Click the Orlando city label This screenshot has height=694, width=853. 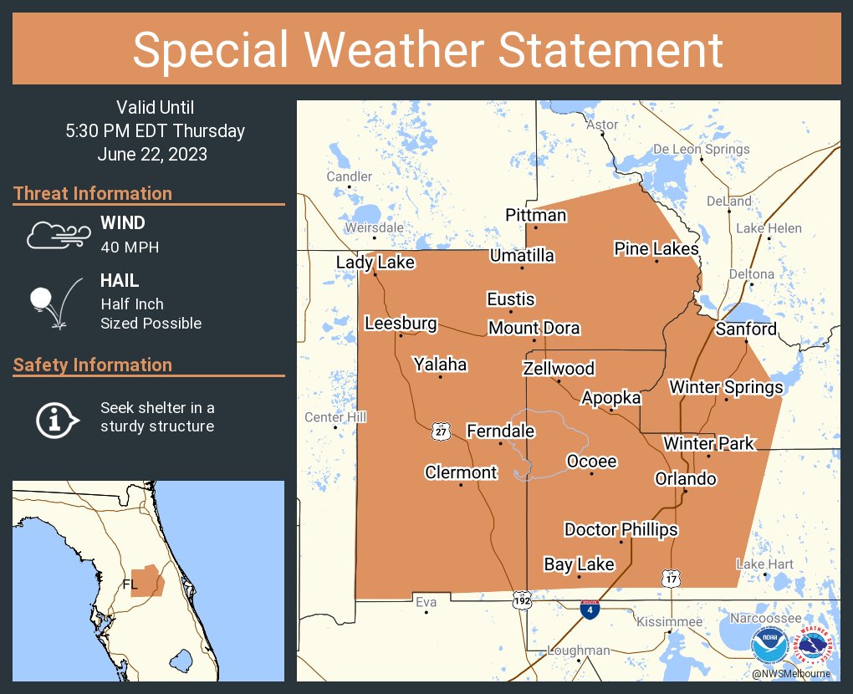(685, 479)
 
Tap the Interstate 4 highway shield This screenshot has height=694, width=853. (590, 610)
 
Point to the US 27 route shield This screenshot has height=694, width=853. (442, 431)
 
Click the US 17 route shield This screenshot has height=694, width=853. (670, 578)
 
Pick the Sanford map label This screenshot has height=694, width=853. (745, 329)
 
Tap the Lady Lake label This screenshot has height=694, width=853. (375, 263)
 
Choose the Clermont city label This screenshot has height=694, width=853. (461, 472)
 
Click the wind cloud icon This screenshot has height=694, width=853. (57, 235)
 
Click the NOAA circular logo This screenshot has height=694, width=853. (769, 646)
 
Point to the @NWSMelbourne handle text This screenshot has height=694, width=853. (790, 673)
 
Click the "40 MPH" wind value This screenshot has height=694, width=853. (130, 247)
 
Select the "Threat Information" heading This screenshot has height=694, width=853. (93, 193)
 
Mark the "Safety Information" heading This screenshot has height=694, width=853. (93, 365)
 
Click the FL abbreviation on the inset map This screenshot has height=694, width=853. (130, 584)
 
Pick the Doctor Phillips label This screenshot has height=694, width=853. (621, 529)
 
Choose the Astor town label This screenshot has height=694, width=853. (602, 125)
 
